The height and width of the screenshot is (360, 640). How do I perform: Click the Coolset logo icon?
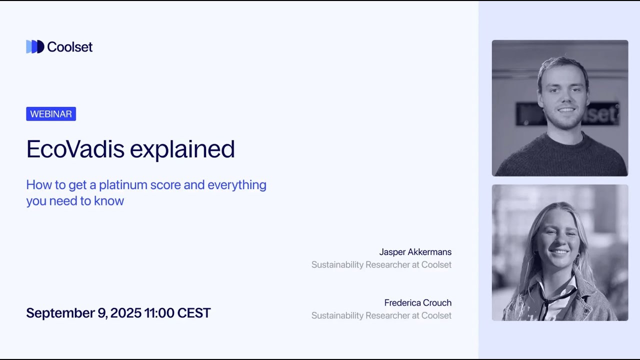[35, 46]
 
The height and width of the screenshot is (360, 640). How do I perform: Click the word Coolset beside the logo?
[69, 47]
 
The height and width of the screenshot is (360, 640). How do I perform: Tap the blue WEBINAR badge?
[51, 114]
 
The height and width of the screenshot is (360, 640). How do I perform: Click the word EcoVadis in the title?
[75, 149]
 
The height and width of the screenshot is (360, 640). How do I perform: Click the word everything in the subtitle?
[237, 185]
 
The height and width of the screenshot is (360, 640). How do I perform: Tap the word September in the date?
[60, 313]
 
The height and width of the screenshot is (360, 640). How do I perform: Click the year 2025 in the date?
[125, 313]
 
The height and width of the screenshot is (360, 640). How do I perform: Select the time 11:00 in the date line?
[158, 313]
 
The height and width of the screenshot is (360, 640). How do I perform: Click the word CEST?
[194, 313]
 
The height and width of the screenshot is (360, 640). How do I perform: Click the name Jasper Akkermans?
[415, 252]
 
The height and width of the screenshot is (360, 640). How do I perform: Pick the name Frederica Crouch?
[417, 302]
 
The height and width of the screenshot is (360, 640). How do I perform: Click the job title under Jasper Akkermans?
[381, 264]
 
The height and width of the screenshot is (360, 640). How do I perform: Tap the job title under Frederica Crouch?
[381, 315]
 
